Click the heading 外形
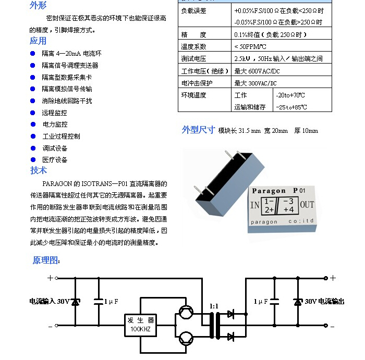point(38,6)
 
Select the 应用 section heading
point(38,41)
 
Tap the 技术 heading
point(39,170)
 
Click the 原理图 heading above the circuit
point(46,260)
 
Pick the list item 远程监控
point(55,113)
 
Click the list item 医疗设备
point(55,160)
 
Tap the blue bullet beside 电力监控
point(33,125)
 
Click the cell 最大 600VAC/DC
point(257,71)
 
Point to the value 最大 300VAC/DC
point(256,83)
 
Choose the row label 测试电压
point(193,59)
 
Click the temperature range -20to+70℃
point(290,95)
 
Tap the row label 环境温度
point(193,95)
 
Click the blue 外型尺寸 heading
point(198,130)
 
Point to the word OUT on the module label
point(307,204)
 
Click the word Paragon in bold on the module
point(269,191)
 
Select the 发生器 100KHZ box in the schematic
point(139,325)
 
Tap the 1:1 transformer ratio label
point(214,306)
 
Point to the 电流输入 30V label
point(49,301)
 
